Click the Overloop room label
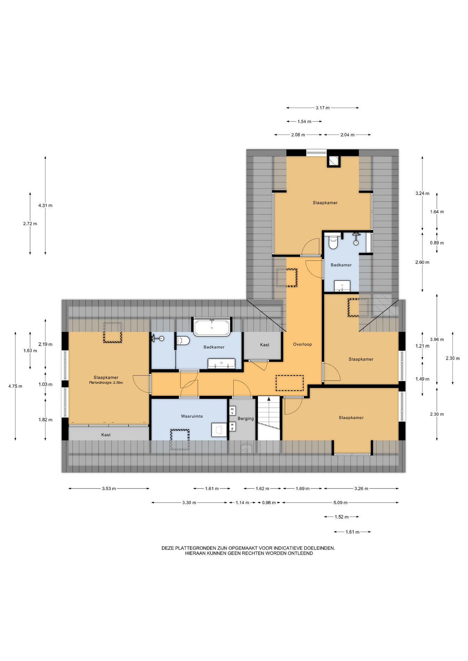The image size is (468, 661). pos(302,344)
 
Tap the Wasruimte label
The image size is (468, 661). pos(192,416)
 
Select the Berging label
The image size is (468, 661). pos(246,419)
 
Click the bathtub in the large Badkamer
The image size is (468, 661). pos(212,327)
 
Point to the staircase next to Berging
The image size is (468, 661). pos(269,418)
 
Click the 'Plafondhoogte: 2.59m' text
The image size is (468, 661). pos(106,382)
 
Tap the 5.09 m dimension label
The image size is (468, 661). pos(340,503)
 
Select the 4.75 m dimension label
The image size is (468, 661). pos(15,386)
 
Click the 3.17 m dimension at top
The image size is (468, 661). pos(323,108)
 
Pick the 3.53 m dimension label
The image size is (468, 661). pos(109,489)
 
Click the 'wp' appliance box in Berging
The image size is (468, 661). pos(232,427)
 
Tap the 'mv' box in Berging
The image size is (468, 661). pos(232,411)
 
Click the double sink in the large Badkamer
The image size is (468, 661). pos(221,363)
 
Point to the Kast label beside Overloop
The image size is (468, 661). pos(265,345)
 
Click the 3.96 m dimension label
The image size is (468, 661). pos(437,339)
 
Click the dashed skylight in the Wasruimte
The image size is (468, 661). pos(180,440)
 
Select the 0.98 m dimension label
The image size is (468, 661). pos(269,503)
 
